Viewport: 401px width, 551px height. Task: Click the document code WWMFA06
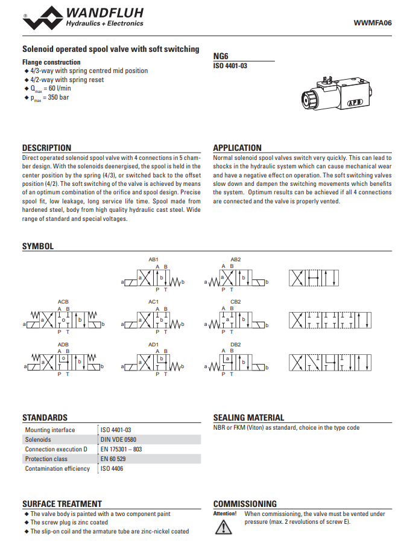(x=372, y=23)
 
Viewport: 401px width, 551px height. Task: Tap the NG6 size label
(x=220, y=55)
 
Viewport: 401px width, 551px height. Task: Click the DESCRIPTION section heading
(x=46, y=148)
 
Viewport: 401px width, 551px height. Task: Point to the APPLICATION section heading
(x=237, y=148)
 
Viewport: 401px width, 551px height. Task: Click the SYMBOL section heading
(x=37, y=246)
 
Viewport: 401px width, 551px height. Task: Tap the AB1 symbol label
(x=153, y=259)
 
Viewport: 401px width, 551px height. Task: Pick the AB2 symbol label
(x=235, y=259)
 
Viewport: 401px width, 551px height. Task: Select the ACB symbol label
(x=63, y=301)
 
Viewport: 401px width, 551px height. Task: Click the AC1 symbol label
(x=153, y=301)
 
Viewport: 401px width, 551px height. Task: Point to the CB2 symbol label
(x=235, y=301)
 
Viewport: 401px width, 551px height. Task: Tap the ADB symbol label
(x=63, y=344)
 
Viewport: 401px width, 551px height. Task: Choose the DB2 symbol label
(x=235, y=344)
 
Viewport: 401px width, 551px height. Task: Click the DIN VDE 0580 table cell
(x=118, y=440)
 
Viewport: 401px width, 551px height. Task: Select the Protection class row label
(x=46, y=459)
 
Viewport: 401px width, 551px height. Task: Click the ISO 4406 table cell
(x=112, y=469)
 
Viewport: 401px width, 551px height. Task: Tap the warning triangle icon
(x=223, y=527)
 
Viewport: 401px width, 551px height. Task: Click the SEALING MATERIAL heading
(x=248, y=418)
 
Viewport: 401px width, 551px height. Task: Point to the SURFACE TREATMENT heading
(x=62, y=504)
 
